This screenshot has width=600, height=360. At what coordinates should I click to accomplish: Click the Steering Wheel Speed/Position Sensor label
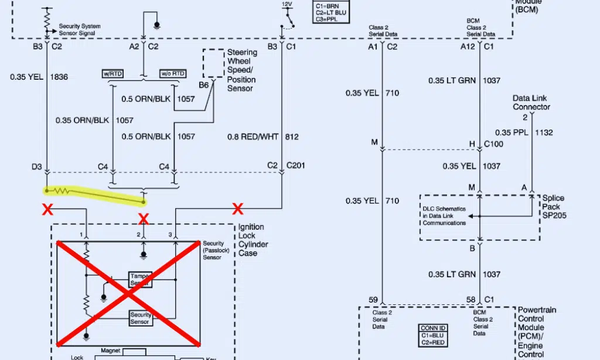(241, 70)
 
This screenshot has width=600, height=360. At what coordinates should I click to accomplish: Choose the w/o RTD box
(173, 73)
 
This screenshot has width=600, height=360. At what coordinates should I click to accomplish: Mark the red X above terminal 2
(142, 219)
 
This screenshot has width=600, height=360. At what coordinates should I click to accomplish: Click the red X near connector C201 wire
(237, 208)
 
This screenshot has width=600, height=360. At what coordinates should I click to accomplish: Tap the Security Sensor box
(141, 318)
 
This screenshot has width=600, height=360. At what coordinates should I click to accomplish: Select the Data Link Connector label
(531, 103)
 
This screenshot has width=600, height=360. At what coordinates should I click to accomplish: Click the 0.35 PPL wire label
(512, 133)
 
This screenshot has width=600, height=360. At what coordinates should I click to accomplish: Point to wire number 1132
(544, 133)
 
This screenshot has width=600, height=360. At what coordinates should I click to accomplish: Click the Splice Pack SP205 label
(554, 206)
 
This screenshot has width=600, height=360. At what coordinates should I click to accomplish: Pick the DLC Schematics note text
(445, 215)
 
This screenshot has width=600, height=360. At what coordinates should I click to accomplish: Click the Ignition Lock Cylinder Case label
(252, 240)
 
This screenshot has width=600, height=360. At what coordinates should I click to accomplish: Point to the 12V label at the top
(287, 4)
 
